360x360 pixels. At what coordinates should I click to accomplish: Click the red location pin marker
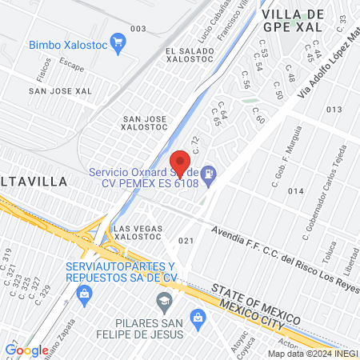(181, 163)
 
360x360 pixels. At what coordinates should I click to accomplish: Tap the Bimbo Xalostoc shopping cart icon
(118, 43)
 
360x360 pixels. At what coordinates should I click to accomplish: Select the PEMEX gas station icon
(208, 173)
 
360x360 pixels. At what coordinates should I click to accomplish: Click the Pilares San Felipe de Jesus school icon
(165, 302)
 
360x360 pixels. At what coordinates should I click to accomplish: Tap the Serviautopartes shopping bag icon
(83, 294)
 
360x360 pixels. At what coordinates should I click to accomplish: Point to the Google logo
(26, 350)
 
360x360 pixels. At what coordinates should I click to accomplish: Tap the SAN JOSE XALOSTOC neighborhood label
(144, 124)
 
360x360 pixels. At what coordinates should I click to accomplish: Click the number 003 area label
(138, 29)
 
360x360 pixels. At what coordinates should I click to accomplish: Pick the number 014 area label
(296, 191)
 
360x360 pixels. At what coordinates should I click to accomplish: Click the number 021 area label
(186, 240)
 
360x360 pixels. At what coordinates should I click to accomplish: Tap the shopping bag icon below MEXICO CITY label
(196, 317)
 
